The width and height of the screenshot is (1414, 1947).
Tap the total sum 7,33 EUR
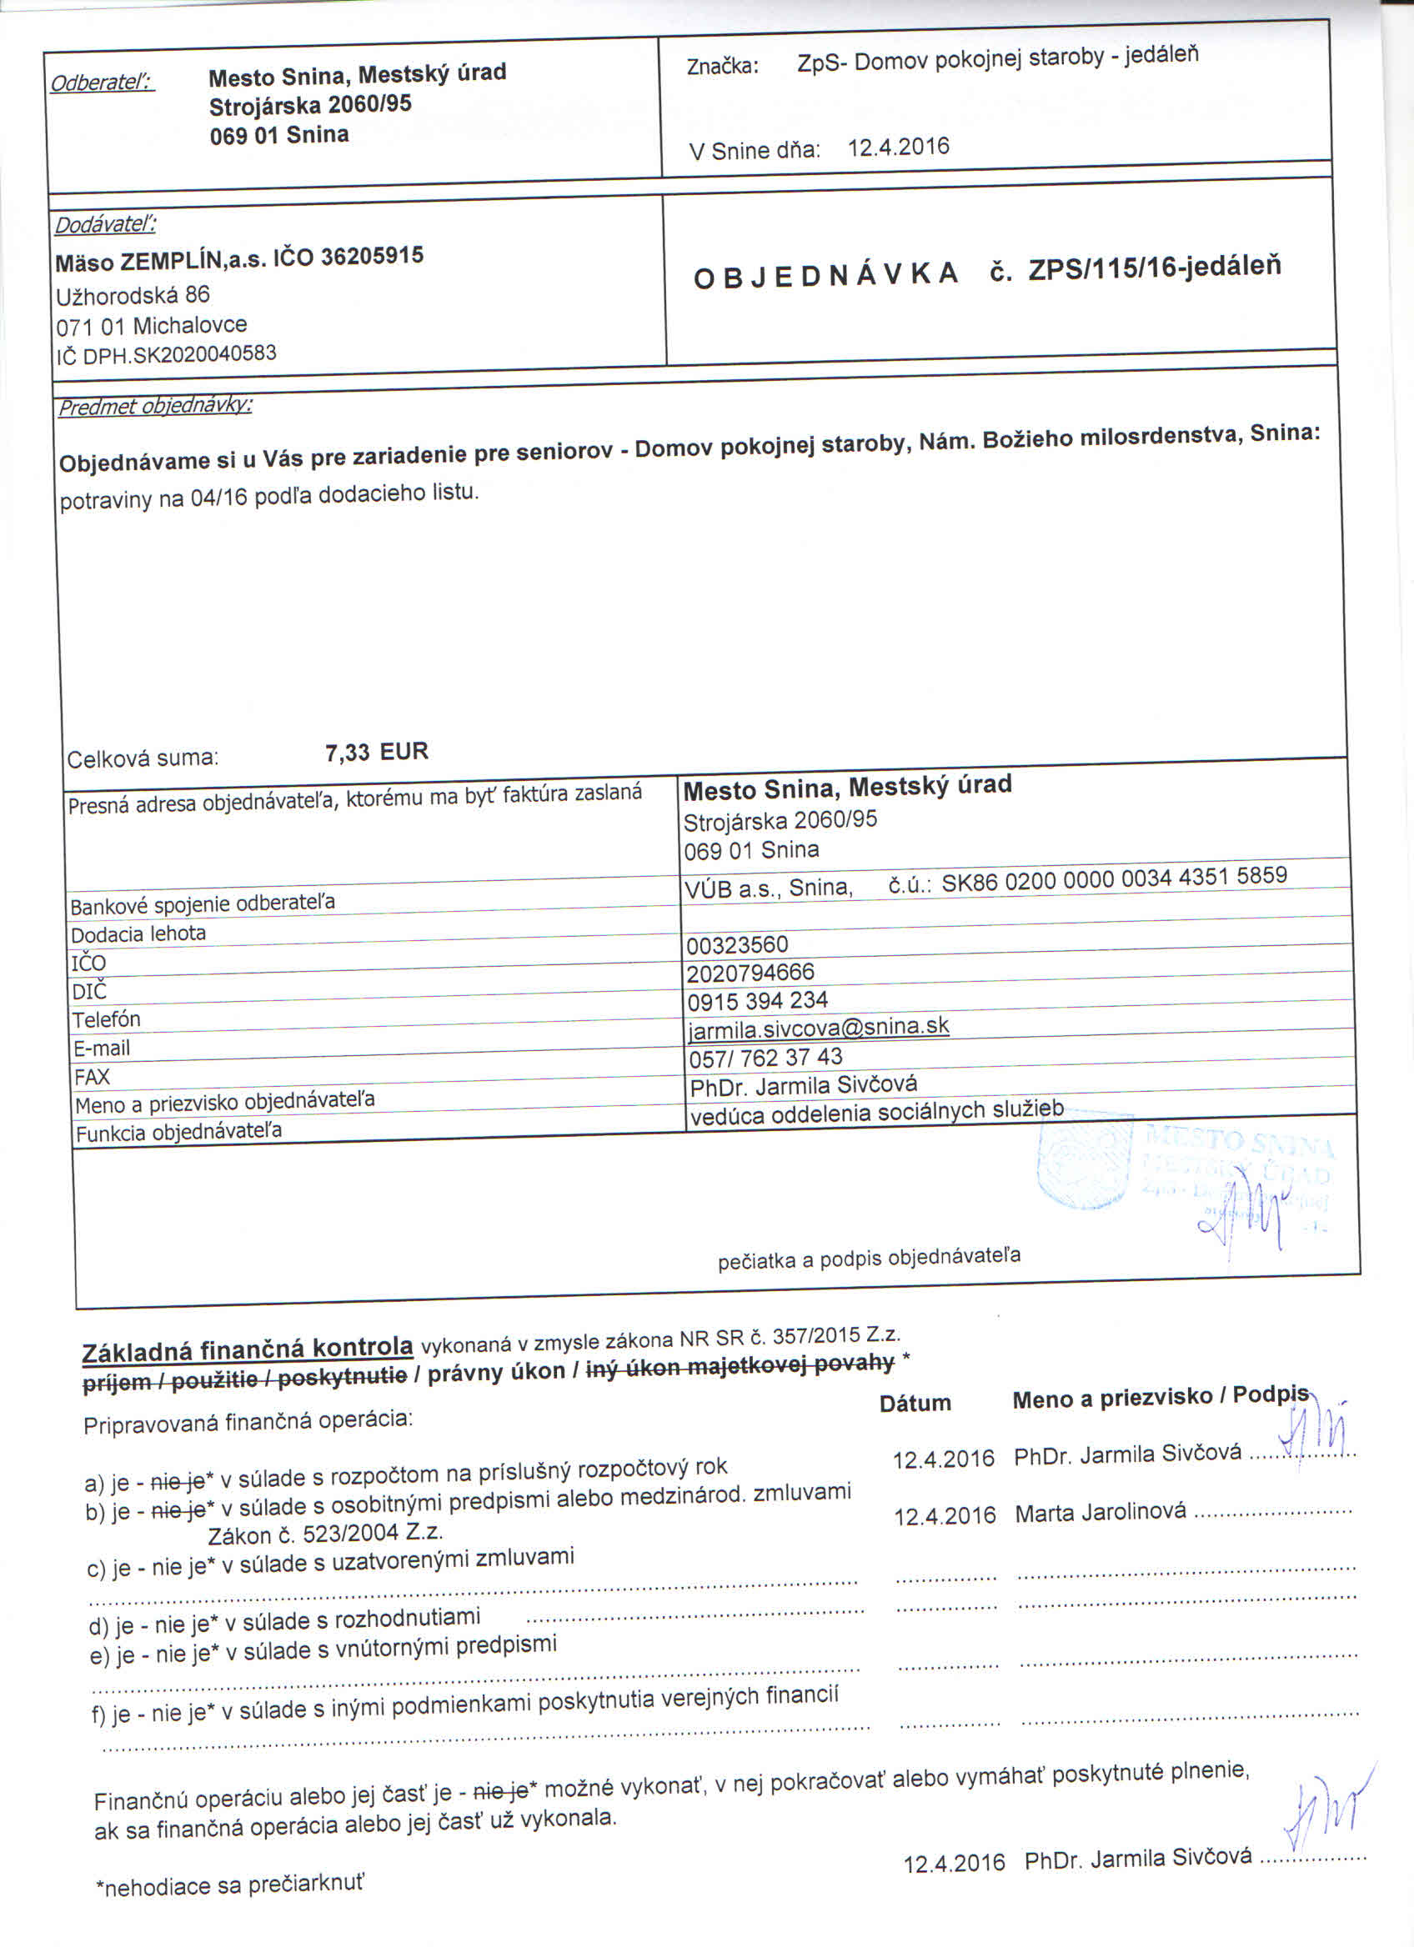[376, 752]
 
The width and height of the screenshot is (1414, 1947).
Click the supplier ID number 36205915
[372, 256]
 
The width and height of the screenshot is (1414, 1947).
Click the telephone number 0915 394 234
[756, 1000]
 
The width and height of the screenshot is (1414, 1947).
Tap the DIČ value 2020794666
[750, 973]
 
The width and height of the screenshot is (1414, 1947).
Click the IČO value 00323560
[737, 944]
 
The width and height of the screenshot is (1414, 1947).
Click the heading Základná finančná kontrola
[248, 1349]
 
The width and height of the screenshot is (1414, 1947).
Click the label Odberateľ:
[103, 83]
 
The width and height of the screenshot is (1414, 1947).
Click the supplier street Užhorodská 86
[133, 296]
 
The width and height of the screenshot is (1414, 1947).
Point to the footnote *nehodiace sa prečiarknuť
[229, 1884]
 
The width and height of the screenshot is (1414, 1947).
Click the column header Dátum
[915, 1404]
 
